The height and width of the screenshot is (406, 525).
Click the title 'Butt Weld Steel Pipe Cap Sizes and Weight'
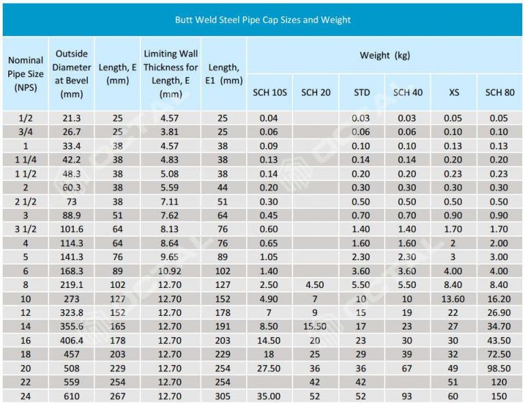[x=262, y=20]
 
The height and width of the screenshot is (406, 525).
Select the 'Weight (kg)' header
[x=385, y=55]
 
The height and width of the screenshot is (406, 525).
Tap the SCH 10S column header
[x=269, y=92]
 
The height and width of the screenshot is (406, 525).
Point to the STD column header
[x=361, y=92]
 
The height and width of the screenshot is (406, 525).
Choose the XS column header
[x=453, y=92]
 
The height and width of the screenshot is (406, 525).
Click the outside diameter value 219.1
[x=72, y=285]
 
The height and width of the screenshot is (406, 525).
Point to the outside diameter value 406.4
[x=72, y=340]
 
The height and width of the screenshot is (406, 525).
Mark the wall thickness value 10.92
[x=170, y=271]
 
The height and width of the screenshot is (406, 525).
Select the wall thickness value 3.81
[x=170, y=132]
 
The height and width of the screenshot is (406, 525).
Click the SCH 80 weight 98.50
[x=499, y=368]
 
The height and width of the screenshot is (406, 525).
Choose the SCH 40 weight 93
[x=407, y=396]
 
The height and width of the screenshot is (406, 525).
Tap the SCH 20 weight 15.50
[x=315, y=327]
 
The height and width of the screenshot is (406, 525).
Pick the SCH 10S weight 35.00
[x=269, y=396]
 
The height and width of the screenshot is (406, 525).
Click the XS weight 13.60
[x=453, y=299]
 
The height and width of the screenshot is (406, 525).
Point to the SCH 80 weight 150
[x=499, y=396]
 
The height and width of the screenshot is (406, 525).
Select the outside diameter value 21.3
[x=72, y=118]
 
